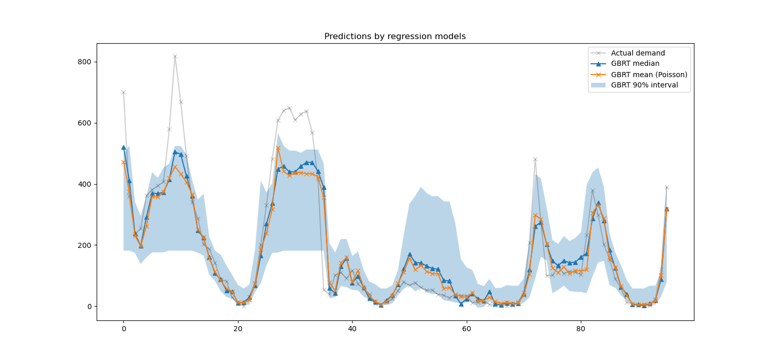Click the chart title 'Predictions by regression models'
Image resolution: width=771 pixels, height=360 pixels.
[395, 37]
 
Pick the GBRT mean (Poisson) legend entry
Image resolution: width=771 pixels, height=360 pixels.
[649, 75]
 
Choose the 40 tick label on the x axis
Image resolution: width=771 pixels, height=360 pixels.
[352, 328]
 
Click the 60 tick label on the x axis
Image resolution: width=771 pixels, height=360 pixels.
[466, 328]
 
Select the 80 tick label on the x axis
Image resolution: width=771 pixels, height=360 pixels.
[580, 328]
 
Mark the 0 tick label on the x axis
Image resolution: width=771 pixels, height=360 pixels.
[123, 328]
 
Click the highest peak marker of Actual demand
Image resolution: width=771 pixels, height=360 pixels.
[175, 57]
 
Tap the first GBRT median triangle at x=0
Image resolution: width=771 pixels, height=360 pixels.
[123, 147]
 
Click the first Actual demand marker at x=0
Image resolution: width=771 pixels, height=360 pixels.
[123, 93]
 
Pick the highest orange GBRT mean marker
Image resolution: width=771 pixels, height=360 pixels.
[278, 148]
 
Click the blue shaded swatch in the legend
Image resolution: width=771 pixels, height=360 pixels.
[598, 85]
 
